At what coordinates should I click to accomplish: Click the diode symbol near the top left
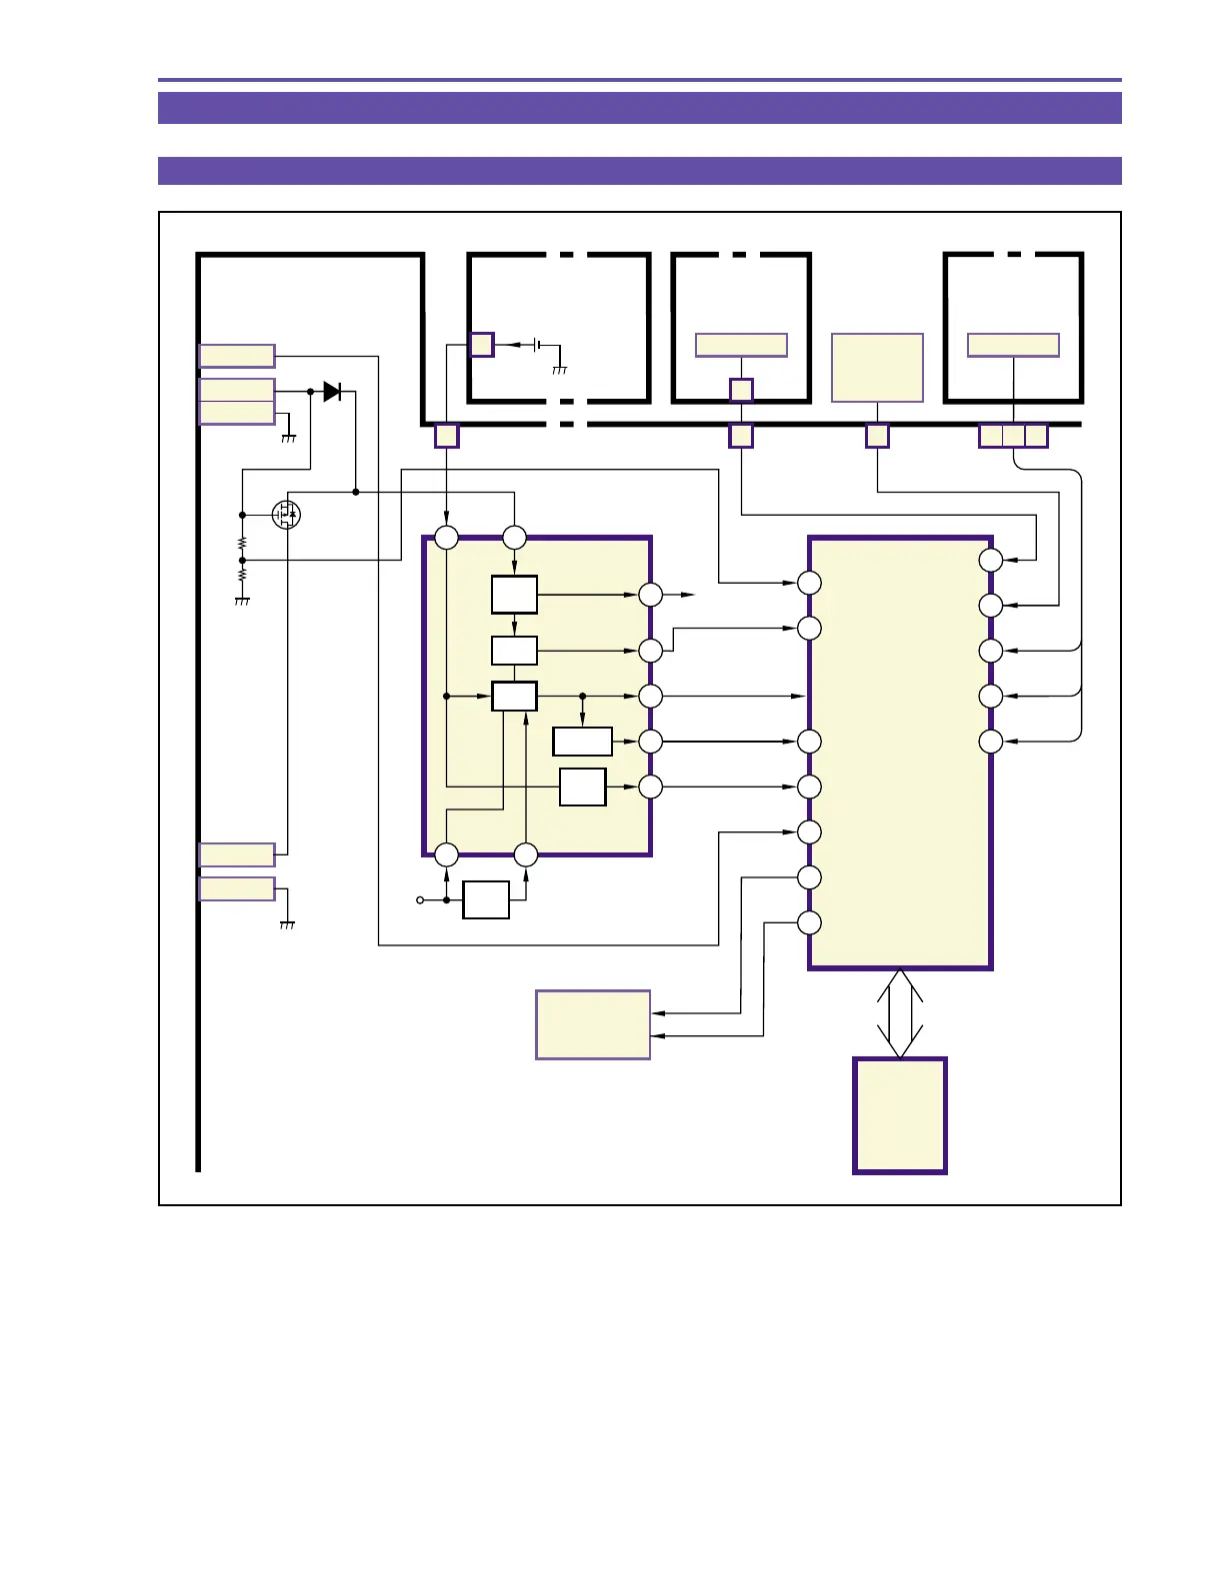pyautogui.click(x=332, y=392)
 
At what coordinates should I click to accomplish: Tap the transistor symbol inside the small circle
pyautogui.click(x=287, y=515)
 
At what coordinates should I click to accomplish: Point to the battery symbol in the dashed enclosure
pyautogui.click(x=538, y=345)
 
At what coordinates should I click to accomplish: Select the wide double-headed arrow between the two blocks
pyautogui.click(x=899, y=1013)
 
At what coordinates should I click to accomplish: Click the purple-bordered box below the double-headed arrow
pyautogui.click(x=899, y=1115)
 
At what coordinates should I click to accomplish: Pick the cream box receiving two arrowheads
pyautogui.click(x=593, y=1024)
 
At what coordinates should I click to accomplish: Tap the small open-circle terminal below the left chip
pyautogui.click(x=420, y=900)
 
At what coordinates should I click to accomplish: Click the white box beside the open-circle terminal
pyautogui.click(x=486, y=900)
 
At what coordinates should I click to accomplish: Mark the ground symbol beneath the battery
pyautogui.click(x=559, y=370)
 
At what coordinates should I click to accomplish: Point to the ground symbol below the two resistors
pyautogui.click(x=241, y=602)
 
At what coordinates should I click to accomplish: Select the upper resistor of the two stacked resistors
pyautogui.click(x=242, y=544)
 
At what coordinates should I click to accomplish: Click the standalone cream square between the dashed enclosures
pyautogui.click(x=877, y=368)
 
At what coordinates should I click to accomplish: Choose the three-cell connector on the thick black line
pyautogui.click(x=1013, y=436)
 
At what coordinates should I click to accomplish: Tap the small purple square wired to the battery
pyautogui.click(x=481, y=345)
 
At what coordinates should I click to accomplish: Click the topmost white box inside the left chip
pyautogui.click(x=514, y=595)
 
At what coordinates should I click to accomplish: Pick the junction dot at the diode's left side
pyautogui.click(x=310, y=392)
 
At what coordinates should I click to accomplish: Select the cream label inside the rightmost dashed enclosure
pyautogui.click(x=1013, y=345)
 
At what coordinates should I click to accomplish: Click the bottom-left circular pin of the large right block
pyautogui.click(x=809, y=922)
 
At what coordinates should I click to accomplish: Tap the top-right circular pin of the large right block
pyautogui.click(x=990, y=560)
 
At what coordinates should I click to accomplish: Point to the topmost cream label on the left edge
pyautogui.click(x=237, y=356)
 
